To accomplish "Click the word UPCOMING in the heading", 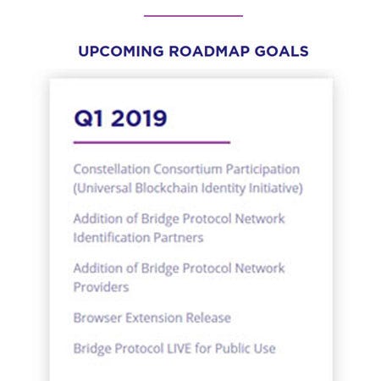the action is pyautogui.click(x=121, y=52).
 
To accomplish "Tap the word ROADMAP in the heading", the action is pyautogui.click(x=209, y=52).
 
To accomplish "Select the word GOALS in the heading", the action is pyautogui.click(x=281, y=52).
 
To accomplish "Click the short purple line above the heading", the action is pyautogui.click(x=193, y=16).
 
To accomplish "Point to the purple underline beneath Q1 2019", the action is pyautogui.click(x=152, y=142).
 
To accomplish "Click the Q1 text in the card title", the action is pyautogui.click(x=89, y=119).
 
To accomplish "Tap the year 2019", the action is pyautogui.click(x=139, y=119).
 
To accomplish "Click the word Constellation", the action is pyautogui.click(x=112, y=169).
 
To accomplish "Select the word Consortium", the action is pyautogui.click(x=188, y=169).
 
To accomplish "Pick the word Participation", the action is pyautogui.click(x=262, y=169).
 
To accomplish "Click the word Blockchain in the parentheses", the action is pyautogui.click(x=166, y=188).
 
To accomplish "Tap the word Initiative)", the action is pyautogui.click(x=276, y=188).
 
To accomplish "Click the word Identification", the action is pyautogui.click(x=112, y=237).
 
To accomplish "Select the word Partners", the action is pyautogui.click(x=179, y=238).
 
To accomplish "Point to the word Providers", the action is pyautogui.click(x=101, y=287).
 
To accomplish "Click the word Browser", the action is pyautogui.click(x=97, y=317).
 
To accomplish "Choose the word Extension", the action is pyautogui.click(x=153, y=317).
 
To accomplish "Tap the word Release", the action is pyautogui.click(x=208, y=317).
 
